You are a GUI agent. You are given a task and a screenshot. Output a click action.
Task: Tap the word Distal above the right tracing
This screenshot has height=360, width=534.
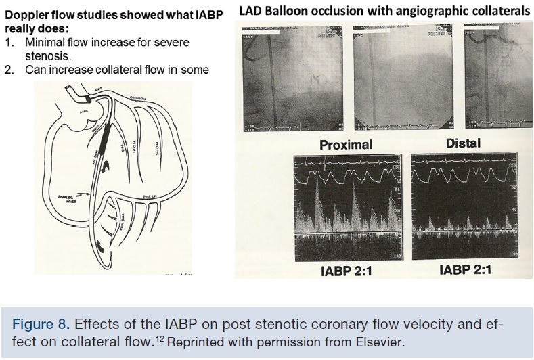coord(464,143)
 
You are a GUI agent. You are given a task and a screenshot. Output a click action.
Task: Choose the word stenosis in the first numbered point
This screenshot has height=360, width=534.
coord(48,56)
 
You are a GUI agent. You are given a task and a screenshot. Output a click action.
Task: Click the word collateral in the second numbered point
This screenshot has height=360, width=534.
coord(135,70)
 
